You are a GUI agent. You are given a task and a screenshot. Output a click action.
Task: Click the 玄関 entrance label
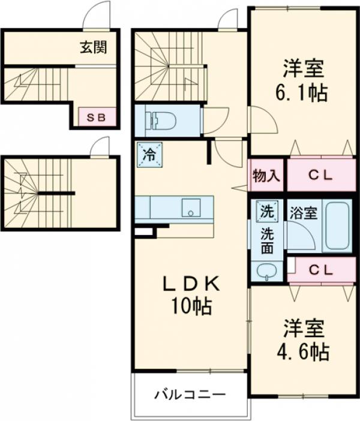[x=94, y=48]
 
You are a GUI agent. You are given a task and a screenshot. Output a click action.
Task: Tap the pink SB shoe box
[x=96, y=118]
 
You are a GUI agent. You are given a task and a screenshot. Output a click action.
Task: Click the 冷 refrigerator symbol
[x=148, y=153]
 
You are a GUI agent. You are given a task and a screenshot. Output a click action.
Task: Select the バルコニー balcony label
[x=190, y=395]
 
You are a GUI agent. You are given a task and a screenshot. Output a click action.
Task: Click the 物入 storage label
[x=266, y=176]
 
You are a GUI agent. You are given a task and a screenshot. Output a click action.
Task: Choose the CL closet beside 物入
[x=323, y=176]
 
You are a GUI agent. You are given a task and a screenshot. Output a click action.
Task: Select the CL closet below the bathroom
[x=323, y=270]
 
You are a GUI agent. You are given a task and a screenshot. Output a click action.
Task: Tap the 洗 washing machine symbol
[x=265, y=211]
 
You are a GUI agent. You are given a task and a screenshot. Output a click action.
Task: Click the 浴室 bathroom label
[x=304, y=213]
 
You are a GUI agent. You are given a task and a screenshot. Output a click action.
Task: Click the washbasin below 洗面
[x=266, y=271]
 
